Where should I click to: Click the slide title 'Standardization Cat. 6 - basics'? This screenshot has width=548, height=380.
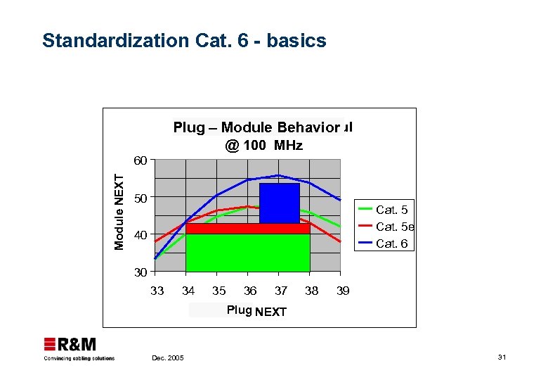184,41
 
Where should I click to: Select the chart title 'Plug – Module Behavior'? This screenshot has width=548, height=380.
256,127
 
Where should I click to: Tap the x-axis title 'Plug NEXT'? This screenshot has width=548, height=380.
256,311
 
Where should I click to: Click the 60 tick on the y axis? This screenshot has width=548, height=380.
141,160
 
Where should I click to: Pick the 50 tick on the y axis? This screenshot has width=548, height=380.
141,198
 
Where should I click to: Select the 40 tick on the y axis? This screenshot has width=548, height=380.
141,235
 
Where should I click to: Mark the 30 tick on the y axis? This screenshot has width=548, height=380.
141,272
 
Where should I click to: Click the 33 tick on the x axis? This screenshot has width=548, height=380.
157,291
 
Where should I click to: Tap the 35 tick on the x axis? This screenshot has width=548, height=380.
218,291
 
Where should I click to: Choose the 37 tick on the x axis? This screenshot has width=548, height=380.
280,291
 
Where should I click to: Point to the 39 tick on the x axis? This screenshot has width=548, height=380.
341,291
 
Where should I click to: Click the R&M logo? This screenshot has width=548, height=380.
70,345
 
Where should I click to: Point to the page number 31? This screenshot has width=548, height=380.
502,358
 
